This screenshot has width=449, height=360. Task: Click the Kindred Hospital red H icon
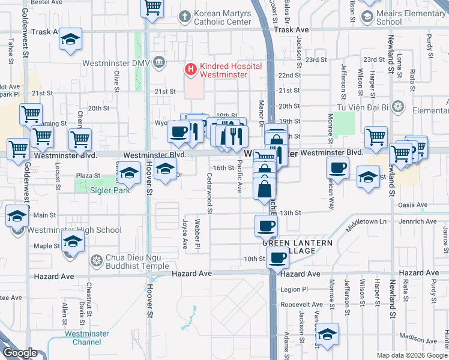click(x=191, y=70)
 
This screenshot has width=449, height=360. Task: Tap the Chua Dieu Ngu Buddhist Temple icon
click(x=96, y=261)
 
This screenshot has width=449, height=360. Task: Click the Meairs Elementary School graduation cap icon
click(x=366, y=17)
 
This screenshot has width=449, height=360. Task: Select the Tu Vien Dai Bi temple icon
click(x=397, y=107)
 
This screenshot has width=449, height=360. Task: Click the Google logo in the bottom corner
click(x=20, y=353)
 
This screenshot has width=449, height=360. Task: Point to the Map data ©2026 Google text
click(x=412, y=355)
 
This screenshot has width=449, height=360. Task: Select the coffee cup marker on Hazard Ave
click(x=277, y=257)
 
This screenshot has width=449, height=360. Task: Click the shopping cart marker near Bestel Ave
click(x=152, y=8)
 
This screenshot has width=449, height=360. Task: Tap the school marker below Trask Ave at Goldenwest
click(x=70, y=40)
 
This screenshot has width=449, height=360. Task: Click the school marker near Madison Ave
click(x=327, y=334)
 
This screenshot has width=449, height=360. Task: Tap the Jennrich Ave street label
click(x=420, y=221)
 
